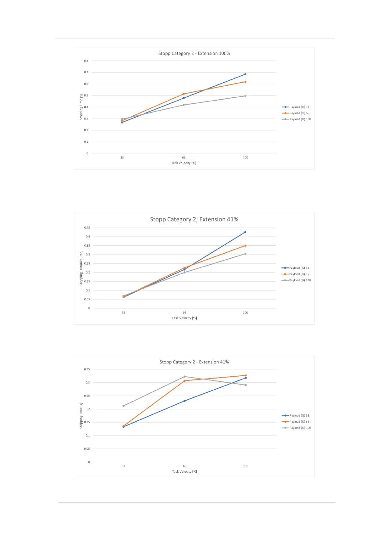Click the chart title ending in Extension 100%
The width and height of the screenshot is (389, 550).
click(x=194, y=53)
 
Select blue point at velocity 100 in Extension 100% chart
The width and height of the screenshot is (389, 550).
click(x=245, y=74)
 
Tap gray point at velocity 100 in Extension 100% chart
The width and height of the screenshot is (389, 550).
click(x=245, y=96)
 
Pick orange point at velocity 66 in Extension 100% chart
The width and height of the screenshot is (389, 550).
click(x=184, y=94)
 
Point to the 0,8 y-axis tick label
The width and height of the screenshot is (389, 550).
click(x=86, y=61)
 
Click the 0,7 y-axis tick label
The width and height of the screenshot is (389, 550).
click(x=86, y=72)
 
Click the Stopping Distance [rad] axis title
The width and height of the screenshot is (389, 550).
click(x=81, y=268)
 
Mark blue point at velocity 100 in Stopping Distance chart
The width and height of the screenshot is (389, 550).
click(x=245, y=232)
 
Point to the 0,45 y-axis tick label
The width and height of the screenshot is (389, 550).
click(x=87, y=228)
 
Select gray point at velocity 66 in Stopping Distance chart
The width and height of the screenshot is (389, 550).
click(x=184, y=272)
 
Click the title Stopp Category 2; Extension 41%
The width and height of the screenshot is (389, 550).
click(x=194, y=219)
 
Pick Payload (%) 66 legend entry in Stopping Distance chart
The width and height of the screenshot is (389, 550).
click(x=296, y=274)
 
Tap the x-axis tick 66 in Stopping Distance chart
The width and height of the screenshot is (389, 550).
click(x=184, y=313)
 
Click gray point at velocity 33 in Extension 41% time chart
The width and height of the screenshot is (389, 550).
click(x=123, y=406)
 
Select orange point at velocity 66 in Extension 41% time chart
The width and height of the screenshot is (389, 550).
click(x=185, y=381)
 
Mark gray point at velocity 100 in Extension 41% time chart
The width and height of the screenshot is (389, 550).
click(x=246, y=385)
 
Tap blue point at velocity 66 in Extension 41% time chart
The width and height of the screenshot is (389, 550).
click(x=185, y=401)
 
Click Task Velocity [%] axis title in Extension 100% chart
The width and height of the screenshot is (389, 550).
click(x=184, y=163)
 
